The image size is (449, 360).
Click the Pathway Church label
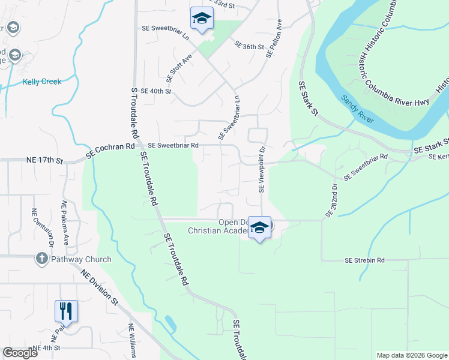pyautogui.click(x=81, y=260)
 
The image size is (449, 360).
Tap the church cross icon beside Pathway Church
pyautogui.click(x=41, y=259)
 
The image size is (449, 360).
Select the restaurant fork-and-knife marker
pyautogui.click(x=66, y=311)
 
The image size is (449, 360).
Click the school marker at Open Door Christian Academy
pyautogui.click(x=259, y=227)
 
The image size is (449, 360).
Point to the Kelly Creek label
pyautogui.click(x=42, y=82)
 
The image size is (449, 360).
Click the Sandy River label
pyautogui.click(x=358, y=110)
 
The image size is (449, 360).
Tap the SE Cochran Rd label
pyautogui.click(x=110, y=150)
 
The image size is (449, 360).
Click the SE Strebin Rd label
pyautogui.click(x=364, y=260)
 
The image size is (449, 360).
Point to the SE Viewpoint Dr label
pyautogui.click(x=262, y=170)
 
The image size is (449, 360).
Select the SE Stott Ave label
pyautogui.click(x=179, y=68)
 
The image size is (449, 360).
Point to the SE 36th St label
pyautogui.click(x=250, y=46)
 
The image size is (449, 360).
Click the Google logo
pyautogui.click(x=20, y=353)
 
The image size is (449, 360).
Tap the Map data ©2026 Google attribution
pyautogui.click(x=411, y=355)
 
